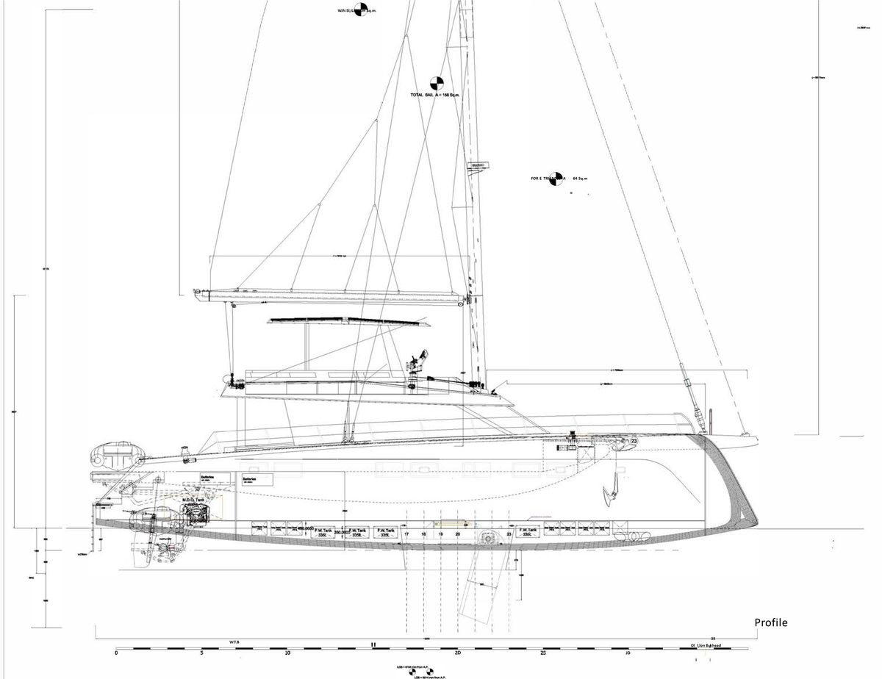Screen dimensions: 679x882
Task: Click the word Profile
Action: (x=770, y=622)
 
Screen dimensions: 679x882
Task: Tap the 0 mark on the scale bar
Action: (x=116, y=653)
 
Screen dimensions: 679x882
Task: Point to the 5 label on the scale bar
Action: (x=201, y=653)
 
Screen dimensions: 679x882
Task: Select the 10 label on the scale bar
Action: (x=287, y=653)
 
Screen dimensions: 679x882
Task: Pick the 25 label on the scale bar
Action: (x=543, y=653)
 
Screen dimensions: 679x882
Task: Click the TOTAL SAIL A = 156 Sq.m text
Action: (x=434, y=96)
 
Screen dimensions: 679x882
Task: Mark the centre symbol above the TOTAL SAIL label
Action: (x=436, y=82)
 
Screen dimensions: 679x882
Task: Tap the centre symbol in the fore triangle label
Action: (x=556, y=179)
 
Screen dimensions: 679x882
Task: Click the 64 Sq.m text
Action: (x=581, y=179)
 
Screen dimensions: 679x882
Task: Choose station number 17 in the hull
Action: (x=406, y=534)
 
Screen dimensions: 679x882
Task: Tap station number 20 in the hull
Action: (x=457, y=534)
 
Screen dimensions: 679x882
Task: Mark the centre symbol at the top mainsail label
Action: (x=359, y=10)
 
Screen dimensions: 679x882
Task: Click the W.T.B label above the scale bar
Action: (x=234, y=642)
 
